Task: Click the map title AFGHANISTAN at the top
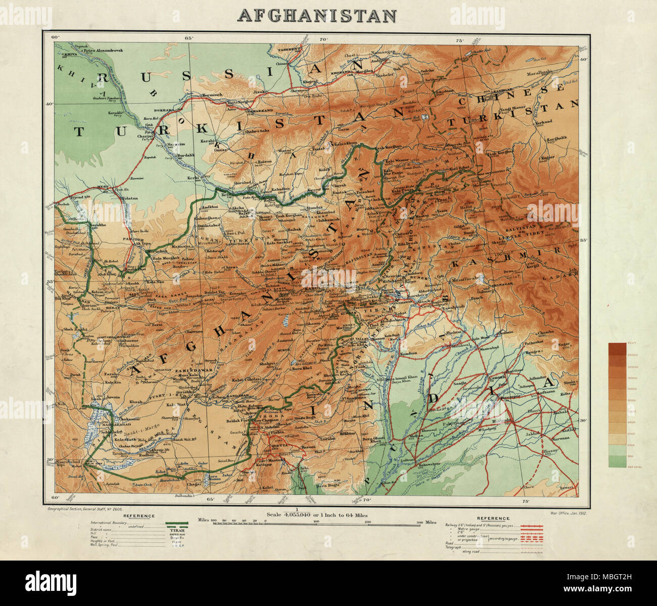[x=317, y=16]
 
